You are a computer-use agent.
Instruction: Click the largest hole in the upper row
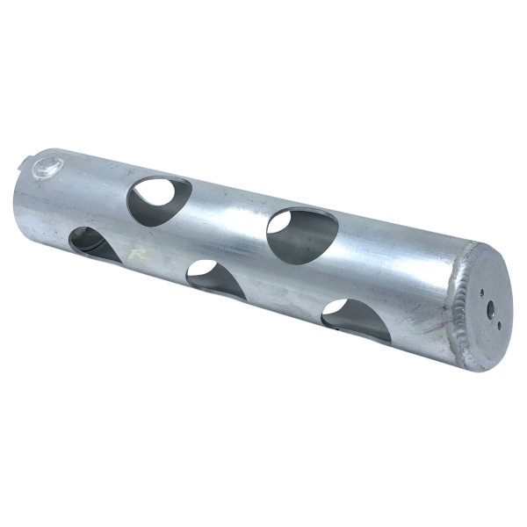[x=302, y=235]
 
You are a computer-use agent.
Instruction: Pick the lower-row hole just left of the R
[x=95, y=243]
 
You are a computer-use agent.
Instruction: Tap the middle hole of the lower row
[x=216, y=279]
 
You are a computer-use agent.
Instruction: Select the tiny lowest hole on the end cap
[x=498, y=325]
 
